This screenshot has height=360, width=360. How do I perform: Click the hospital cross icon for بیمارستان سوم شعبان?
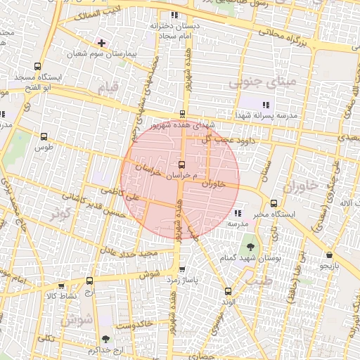point(102,43)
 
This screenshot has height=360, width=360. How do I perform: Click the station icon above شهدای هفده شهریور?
point(183,113)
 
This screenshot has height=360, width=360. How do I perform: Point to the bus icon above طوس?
point(44,137)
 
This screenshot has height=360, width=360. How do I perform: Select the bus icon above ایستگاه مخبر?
point(273,202)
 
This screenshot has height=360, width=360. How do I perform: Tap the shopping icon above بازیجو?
point(329,255)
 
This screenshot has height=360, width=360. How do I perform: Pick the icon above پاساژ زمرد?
point(183,269)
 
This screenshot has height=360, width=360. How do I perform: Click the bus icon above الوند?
point(227,291)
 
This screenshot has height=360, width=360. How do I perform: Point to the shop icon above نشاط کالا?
point(61,286)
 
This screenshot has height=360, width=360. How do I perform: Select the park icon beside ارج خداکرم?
point(105,339)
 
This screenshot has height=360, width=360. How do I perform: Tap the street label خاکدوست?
point(134,326)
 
